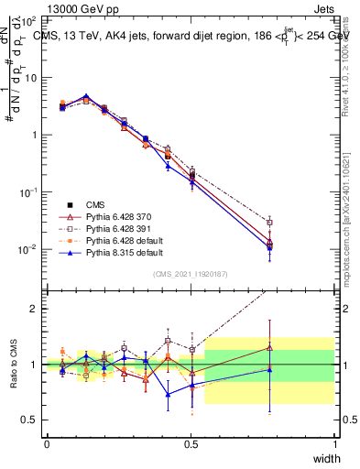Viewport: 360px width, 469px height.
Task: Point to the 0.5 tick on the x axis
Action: tap(191, 443)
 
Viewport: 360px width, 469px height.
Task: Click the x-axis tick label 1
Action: tap(335, 443)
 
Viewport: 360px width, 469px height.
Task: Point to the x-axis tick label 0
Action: tap(47, 443)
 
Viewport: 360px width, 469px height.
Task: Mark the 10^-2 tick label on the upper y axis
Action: tap(28, 249)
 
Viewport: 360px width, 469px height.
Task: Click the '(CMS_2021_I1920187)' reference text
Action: tap(191, 274)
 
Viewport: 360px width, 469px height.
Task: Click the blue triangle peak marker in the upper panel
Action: tap(86, 95)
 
